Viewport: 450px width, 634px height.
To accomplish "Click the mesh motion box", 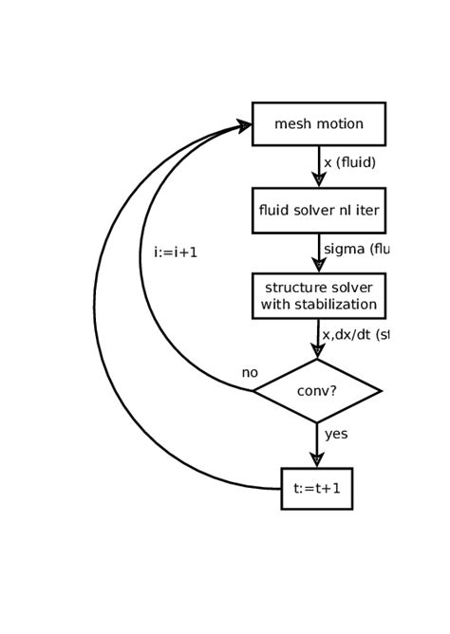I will coord(318,123).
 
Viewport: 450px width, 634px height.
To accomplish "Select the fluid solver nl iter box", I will coord(318,211).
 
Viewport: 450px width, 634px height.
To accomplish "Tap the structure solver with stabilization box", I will coord(318,296).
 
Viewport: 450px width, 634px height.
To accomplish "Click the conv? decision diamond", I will coord(317,390).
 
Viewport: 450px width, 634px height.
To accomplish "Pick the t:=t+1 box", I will coord(316,489).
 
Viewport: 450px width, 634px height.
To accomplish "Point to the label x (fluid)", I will coord(349,162).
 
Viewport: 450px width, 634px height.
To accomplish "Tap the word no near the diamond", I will coord(250,373).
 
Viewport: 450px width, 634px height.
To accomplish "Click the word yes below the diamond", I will coord(336,434).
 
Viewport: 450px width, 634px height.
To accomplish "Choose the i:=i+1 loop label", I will coord(176,253).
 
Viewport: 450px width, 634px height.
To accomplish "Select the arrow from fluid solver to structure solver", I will coord(319,252).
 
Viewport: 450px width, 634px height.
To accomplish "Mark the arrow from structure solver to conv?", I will coord(318,338).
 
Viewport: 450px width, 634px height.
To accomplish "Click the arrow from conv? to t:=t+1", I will coord(317,445).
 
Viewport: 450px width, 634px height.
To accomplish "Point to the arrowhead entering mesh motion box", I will coord(244,125).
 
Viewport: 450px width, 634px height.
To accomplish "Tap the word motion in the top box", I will coord(339,123).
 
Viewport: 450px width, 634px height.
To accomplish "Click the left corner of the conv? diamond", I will coord(254,390).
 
